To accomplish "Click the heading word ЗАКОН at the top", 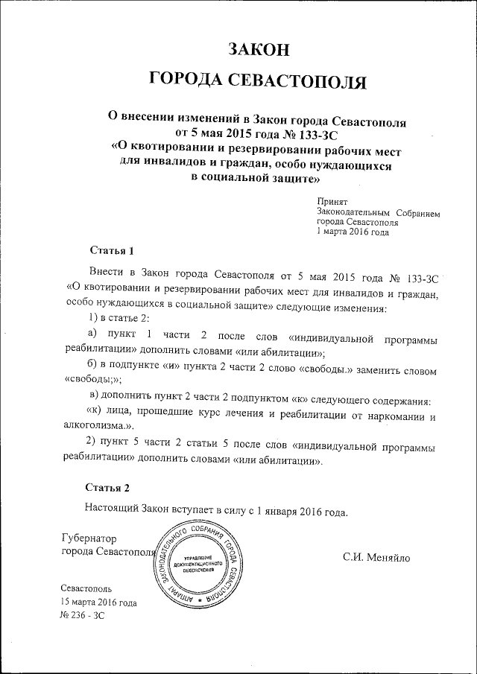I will [x=256, y=49].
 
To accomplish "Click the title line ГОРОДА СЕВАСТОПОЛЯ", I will [x=257, y=80].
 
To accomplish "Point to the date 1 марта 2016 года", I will [x=353, y=232].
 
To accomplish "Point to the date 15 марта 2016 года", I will [x=99, y=602].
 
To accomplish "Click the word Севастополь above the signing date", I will [x=86, y=588].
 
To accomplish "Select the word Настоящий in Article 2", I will [x=113, y=512].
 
